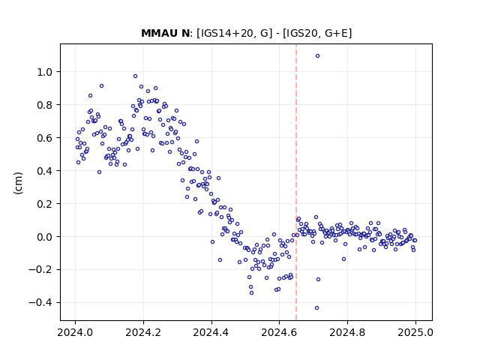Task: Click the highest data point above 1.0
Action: click(317, 56)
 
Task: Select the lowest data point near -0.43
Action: click(316, 308)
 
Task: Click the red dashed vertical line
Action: click(296, 182)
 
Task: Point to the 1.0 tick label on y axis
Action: click(45, 72)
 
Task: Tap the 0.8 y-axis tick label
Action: click(45, 105)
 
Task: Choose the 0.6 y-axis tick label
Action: click(45, 138)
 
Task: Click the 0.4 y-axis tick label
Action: click(45, 171)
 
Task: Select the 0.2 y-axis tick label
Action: click(45, 204)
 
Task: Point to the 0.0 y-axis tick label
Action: click(45, 237)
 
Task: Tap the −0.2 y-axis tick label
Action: click(40, 270)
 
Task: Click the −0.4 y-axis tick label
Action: click(40, 303)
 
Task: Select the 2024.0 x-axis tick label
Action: click(75, 332)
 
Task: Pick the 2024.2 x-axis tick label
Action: click(143, 332)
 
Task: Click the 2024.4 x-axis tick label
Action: click(211, 332)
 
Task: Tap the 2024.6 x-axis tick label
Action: click(279, 332)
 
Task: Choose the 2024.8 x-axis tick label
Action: click(347, 332)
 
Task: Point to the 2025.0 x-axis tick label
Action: click(415, 332)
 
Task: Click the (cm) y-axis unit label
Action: click(18, 183)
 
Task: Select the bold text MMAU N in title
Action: click(166, 33)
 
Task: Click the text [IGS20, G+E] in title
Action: click(317, 33)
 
